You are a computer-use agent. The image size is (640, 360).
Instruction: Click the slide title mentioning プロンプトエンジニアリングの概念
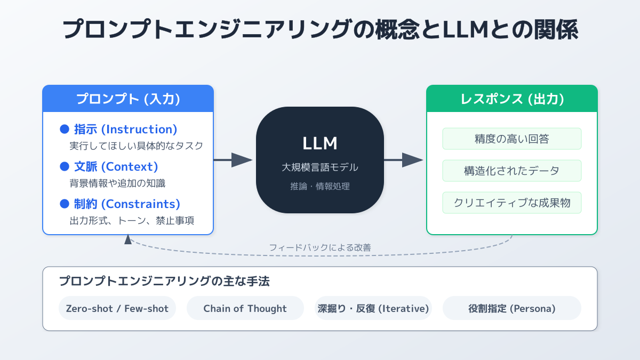pyautogui.click(x=320, y=29)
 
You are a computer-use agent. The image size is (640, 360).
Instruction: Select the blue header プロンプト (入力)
pyautogui.click(x=128, y=99)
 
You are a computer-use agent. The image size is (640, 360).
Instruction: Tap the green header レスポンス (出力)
pyautogui.click(x=512, y=99)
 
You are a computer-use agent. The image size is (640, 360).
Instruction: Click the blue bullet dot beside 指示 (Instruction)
pyautogui.click(x=65, y=129)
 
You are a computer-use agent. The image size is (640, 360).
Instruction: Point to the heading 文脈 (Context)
pyautogui.click(x=116, y=166)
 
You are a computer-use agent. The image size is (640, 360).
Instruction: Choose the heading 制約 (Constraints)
pyautogui.click(x=127, y=204)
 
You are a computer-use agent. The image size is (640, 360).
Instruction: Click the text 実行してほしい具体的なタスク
pyautogui.click(x=136, y=146)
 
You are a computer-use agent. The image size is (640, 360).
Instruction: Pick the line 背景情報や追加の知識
pyautogui.click(x=117, y=183)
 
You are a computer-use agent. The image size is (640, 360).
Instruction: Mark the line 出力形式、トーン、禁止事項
pyautogui.click(x=132, y=220)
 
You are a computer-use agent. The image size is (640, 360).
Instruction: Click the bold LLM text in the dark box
pyautogui.click(x=320, y=143)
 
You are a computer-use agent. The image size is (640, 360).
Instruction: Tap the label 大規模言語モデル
pyautogui.click(x=320, y=167)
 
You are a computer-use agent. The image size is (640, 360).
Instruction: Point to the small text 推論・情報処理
pyautogui.click(x=320, y=186)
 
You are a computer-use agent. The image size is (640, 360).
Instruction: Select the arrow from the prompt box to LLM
pyautogui.click(x=233, y=160)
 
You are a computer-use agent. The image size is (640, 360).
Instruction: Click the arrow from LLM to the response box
pyautogui.click(x=404, y=160)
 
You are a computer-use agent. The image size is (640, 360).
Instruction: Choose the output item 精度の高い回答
pyautogui.click(x=512, y=139)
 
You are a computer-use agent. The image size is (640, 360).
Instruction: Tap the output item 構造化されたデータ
pyautogui.click(x=512, y=171)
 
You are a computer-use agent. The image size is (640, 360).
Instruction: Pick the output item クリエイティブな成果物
pyautogui.click(x=512, y=203)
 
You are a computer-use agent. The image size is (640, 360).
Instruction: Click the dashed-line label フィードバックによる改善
pyautogui.click(x=320, y=247)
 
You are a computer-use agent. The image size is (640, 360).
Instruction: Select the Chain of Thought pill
pyautogui.click(x=245, y=308)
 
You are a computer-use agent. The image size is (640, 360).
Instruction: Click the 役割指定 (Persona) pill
pyautogui.click(x=512, y=308)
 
